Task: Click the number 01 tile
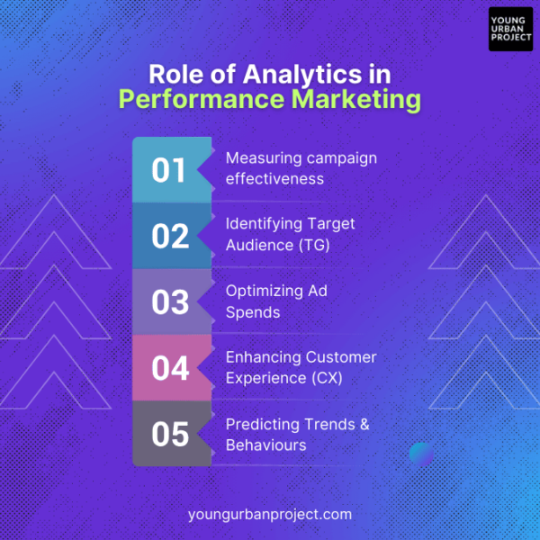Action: pos(169,170)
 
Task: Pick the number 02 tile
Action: pos(169,236)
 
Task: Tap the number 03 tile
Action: pos(169,302)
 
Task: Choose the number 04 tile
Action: pos(169,368)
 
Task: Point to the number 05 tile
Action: pos(169,435)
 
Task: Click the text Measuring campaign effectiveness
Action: pos(301,168)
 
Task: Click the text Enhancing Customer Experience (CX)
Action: pos(301,367)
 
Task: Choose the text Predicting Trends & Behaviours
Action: pos(297,434)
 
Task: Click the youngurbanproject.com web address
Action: pos(270,515)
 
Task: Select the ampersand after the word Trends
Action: pos(364,424)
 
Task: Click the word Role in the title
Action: pos(174,73)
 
